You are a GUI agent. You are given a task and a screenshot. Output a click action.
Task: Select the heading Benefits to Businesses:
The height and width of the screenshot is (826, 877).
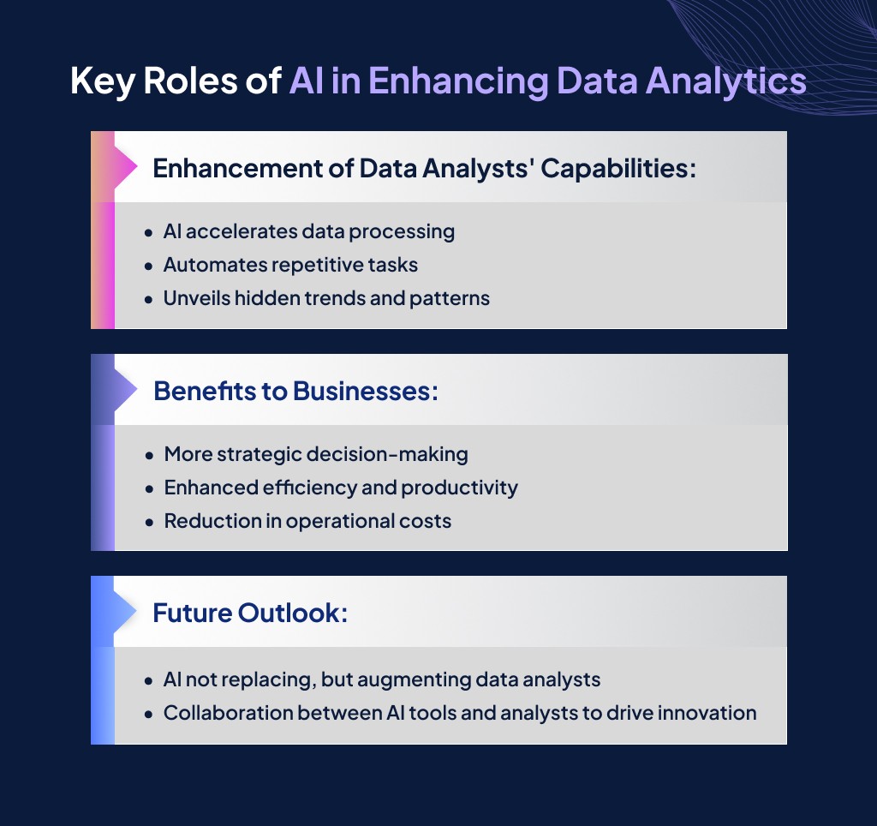pos(295,391)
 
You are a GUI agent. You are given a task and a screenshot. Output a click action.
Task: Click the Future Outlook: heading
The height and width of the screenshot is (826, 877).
pos(250,614)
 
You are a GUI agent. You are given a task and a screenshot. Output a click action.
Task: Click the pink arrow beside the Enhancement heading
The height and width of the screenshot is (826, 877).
pos(125,166)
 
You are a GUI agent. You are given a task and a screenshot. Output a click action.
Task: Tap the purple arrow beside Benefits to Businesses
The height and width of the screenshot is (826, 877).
pos(125,390)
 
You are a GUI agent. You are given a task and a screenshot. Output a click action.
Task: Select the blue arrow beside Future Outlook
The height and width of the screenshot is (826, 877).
pos(125,612)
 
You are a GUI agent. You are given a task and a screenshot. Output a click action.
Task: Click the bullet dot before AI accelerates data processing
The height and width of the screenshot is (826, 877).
pos(149,233)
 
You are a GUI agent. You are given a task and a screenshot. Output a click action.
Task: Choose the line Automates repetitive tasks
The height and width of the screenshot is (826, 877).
pos(290,265)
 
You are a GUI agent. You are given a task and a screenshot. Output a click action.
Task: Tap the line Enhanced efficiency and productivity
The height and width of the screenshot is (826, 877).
pos(341,488)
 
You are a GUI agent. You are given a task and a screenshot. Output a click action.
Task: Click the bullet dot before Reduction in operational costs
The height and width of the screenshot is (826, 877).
pos(149,522)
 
